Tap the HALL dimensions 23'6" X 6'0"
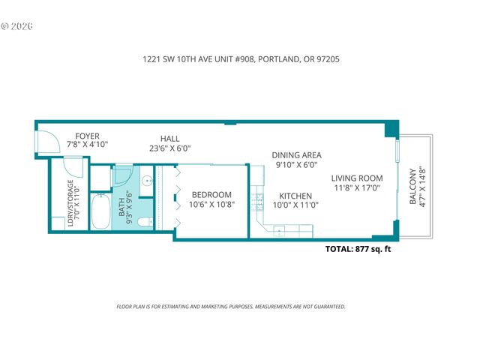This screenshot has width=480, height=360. pyautogui.click(x=169, y=148)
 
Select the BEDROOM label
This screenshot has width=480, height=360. pyautogui.click(x=211, y=195)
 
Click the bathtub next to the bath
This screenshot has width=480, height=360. pyautogui.click(x=100, y=212)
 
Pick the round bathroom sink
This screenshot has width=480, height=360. pyautogui.click(x=147, y=180)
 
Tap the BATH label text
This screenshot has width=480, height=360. pyautogui.click(x=122, y=207)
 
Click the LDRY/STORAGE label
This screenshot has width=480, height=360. pyautogui.click(x=70, y=202)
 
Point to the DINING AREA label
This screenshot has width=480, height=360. pyautogui.click(x=295, y=155)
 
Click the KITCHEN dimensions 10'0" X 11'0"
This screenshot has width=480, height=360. pyautogui.click(x=295, y=205)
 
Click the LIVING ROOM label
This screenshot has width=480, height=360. pyautogui.click(x=357, y=178)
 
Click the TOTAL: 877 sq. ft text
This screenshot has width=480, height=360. pyautogui.click(x=357, y=250)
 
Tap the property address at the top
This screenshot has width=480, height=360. pyautogui.click(x=239, y=58)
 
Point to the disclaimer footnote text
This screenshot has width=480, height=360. pyautogui.click(x=231, y=307)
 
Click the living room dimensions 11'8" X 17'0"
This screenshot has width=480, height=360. pyautogui.click(x=357, y=188)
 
